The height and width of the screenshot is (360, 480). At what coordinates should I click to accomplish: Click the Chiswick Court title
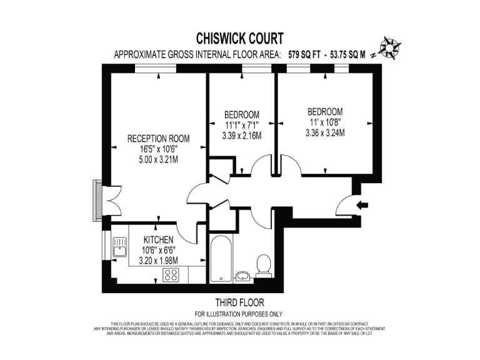click(241, 39)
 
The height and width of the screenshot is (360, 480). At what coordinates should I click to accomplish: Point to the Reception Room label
click(158, 138)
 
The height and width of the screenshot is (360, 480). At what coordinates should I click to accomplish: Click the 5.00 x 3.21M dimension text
click(158, 159)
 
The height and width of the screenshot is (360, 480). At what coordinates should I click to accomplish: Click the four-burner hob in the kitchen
click(171, 274)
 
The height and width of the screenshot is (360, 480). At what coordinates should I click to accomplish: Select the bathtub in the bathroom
click(220, 259)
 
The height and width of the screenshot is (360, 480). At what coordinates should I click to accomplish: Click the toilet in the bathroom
click(263, 266)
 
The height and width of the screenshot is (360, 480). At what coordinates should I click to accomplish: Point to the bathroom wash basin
click(243, 276)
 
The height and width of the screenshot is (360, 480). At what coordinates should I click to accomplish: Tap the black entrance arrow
click(362, 204)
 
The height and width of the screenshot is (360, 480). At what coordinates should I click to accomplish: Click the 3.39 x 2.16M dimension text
click(242, 135)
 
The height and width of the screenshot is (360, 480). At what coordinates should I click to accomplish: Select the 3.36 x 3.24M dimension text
click(325, 132)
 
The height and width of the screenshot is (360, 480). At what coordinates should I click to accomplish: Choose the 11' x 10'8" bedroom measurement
click(325, 122)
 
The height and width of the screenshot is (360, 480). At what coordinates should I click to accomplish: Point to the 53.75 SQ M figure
click(352, 54)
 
